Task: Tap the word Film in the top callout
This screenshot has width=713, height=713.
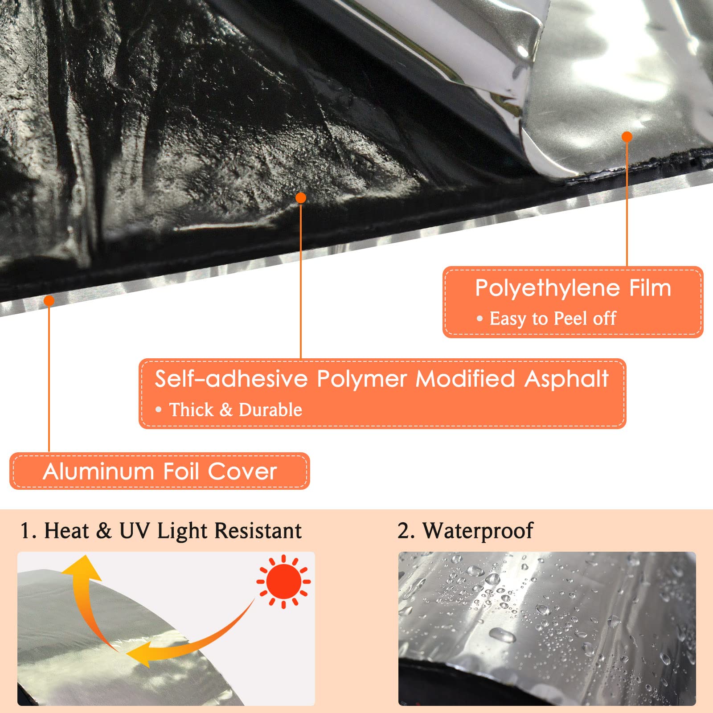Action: click(x=650, y=288)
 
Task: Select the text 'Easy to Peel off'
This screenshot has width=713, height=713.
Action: click(x=553, y=319)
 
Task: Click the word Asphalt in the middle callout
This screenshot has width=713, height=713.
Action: click(x=566, y=379)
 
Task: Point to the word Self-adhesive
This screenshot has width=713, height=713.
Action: click(x=231, y=379)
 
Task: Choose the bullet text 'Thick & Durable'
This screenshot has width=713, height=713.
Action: click(x=235, y=410)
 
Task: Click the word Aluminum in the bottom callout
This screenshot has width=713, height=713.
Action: click(x=98, y=471)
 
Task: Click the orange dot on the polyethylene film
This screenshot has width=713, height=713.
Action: click(x=627, y=137)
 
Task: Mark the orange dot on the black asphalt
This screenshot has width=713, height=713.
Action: click(x=301, y=198)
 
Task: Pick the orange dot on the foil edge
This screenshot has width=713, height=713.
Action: click(x=49, y=301)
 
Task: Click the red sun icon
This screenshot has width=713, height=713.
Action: click(x=283, y=582)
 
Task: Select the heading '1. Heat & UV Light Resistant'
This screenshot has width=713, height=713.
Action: click(x=161, y=531)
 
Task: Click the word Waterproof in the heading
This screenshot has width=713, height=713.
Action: click(x=478, y=531)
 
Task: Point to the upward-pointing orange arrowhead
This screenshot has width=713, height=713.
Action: click(x=82, y=568)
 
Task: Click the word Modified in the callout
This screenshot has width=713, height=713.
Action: click(x=465, y=379)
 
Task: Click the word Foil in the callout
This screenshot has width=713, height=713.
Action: click(x=180, y=471)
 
